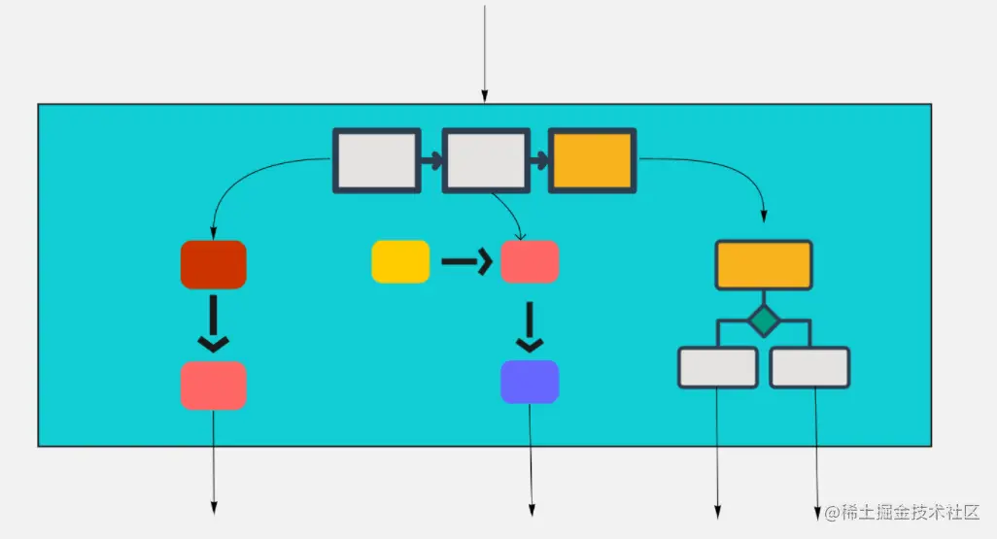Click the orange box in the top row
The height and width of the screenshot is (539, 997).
click(x=592, y=160)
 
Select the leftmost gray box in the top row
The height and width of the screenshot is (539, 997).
click(x=376, y=160)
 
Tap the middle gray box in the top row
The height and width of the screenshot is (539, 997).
click(x=484, y=160)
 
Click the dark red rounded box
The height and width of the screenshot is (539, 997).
click(x=214, y=264)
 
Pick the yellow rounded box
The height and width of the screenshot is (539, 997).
click(x=400, y=261)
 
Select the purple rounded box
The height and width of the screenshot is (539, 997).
click(x=530, y=382)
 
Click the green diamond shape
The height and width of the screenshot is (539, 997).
click(x=764, y=319)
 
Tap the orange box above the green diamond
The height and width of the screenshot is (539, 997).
click(x=764, y=265)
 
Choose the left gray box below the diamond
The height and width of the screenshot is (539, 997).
click(x=718, y=368)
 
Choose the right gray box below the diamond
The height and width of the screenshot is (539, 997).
click(x=809, y=368)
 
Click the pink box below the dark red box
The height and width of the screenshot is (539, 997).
click(x=214, y=385)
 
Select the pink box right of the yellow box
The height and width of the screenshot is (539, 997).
click(x=530, y=261)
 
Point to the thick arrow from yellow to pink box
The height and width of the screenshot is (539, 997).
click(x=464, y=261)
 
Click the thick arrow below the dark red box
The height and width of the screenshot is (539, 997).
click(x=213, y=325)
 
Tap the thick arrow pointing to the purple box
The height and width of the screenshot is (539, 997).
click(x=530, y=327)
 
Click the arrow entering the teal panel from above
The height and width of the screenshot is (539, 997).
click(x=484, y=53)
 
